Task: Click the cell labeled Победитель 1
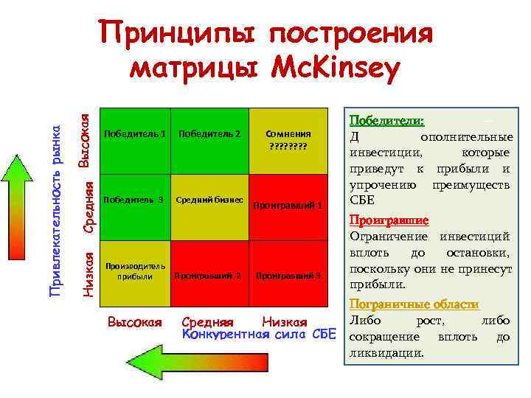click(x=134, y=140)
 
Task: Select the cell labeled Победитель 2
click(x=210, y=140)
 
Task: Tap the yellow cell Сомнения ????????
click(x=287, y=140)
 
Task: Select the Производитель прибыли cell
click(x=134, y=273)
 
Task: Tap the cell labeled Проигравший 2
click(x=210, y=273)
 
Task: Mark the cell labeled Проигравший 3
click(x=287, y=273)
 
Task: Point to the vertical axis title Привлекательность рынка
click(x=55, y=209)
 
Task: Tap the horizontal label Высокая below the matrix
click(x=134, y=322)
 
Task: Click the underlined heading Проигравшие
click(x=389, y=220)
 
